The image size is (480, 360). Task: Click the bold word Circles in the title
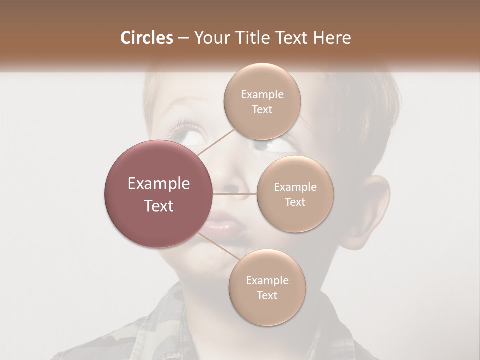click(x=146, y=38)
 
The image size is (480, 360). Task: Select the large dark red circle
click(x=159, y=194)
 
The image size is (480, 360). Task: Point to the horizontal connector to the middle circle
click(x=235, y=194)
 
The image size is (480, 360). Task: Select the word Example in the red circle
click(x=159, y=184)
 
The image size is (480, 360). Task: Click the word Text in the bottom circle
click(x=267, y=295)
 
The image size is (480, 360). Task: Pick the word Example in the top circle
click(x=262, y=94)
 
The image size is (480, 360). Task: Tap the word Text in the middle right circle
click(x=295, y=202)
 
